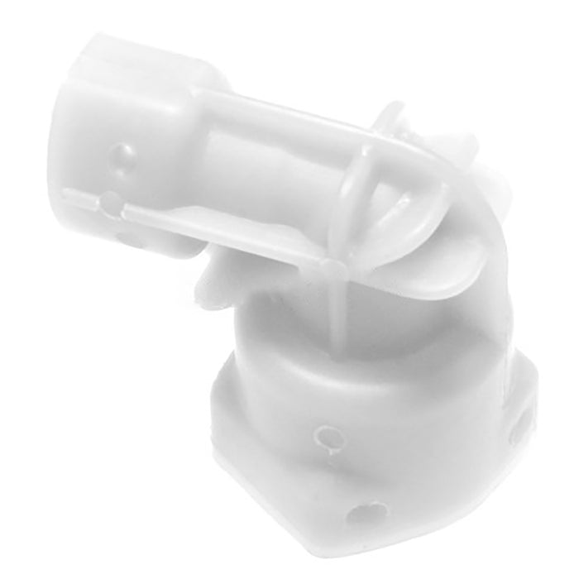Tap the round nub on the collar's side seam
tap(108, 199)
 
